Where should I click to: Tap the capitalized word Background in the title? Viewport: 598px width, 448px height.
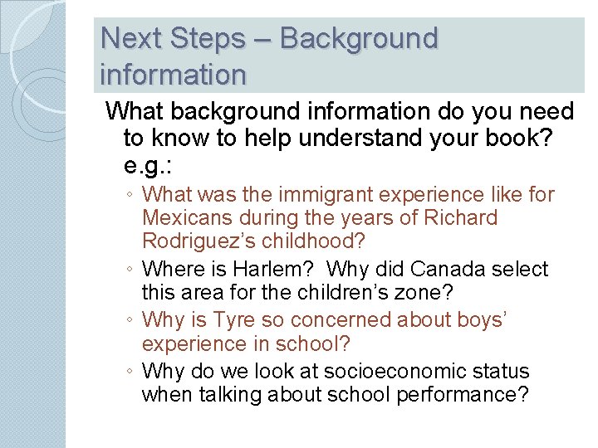pyautogui.click(x=359, y=38)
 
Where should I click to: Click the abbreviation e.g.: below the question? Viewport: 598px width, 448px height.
pyautogui.click(x=148, y=166)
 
